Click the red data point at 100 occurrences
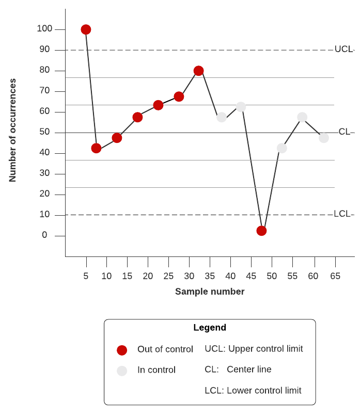pos(86,29)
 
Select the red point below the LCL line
pos(261,231)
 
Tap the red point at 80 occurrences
pos(198,71)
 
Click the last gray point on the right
pos(324,138)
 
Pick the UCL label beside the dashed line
pos(343,50)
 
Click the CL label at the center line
pos(345,132)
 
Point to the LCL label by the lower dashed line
pos(342,214)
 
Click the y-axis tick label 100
pos(44,29)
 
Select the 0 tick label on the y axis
pos(44,235)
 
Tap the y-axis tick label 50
pos(44,132)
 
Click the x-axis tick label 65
pos(335,276)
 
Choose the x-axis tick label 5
pos(86,276)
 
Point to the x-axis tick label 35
pos(210,276)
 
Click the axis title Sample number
pos(210,292)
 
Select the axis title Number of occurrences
pos(13,130)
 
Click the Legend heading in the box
pos(210,328)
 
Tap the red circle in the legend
pos(122,350)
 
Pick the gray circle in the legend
pos(122,370)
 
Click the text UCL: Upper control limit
pos(254,349)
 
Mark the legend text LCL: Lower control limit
pos(253,391)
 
